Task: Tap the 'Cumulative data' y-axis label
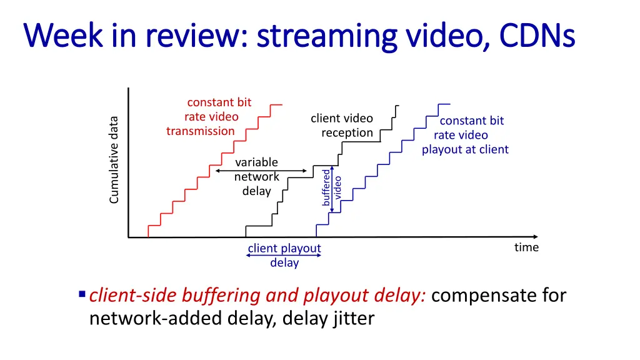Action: [114, 160]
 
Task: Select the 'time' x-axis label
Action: [526, 247]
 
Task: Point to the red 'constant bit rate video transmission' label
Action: [209, 116]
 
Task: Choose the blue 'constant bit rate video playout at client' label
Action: [465, 135]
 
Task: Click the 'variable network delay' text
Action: [256, 177]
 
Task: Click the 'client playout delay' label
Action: [284, 255]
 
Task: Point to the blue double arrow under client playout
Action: [284, 256]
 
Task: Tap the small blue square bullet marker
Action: [82, 294]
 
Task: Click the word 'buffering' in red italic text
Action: [211, 295]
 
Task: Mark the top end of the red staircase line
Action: [281, 104]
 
